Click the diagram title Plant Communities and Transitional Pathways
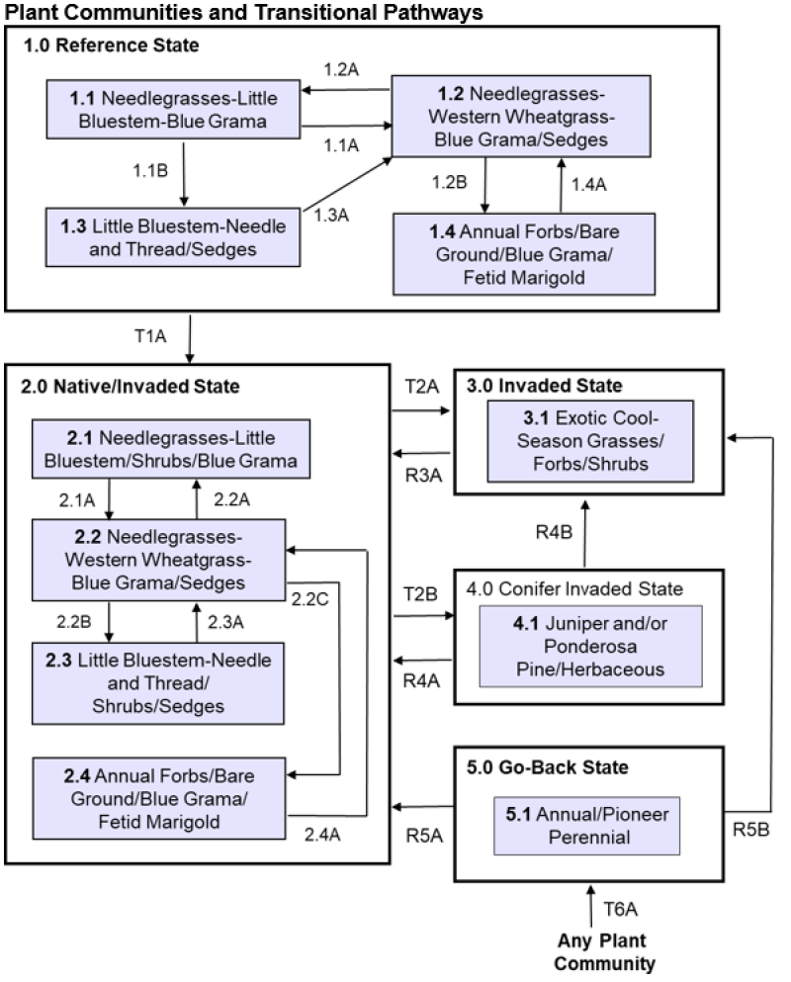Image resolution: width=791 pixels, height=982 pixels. (x=243, y=12)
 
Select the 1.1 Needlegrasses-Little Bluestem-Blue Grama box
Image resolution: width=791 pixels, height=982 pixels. (x=174, y=110)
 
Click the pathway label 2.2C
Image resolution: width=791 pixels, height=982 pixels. (x=308, y=596)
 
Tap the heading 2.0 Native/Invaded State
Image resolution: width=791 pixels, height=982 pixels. (x=130, y=387)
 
